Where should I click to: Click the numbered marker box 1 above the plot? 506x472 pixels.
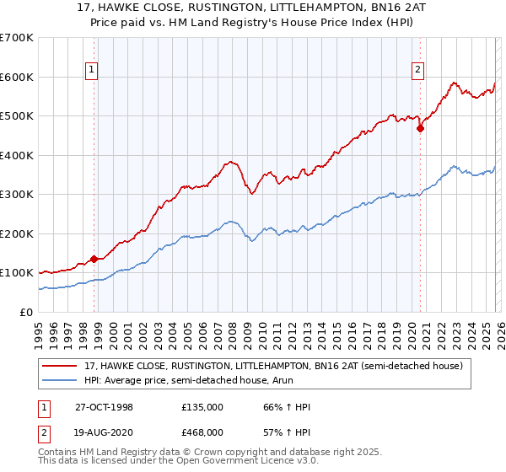coord(92,70)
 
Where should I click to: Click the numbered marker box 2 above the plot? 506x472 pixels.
coord(417,70)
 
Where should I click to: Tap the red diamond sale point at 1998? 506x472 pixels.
coord(94,259)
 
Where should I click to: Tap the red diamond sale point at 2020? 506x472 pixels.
coord(419,129)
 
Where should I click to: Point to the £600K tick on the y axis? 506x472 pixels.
coord(17,77)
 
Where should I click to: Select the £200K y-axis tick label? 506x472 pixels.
coord(17,233)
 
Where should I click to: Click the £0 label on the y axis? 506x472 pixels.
coord(27,312)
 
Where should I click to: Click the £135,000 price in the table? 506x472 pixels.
coord(202,407)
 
